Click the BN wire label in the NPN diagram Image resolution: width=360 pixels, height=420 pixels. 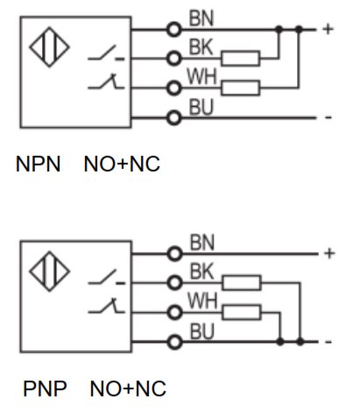(x=201, y=18)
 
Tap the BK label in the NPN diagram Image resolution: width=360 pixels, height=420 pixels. (x=201, y=46)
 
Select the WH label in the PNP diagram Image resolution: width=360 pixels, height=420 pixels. (x=202, y=301)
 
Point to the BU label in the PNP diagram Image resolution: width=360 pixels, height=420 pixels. (x=202, y=332)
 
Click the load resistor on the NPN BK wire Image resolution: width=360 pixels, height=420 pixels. (x=241, y=59)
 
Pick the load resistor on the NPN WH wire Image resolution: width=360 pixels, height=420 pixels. (x=241, y=87)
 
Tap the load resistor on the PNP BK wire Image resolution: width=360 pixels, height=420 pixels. (x=242, y=283)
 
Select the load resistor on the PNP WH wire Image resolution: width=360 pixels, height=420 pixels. (x=242, y=312)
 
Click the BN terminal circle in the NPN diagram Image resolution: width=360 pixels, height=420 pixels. (x=174, y=30)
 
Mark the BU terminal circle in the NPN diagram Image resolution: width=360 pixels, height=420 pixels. (x=174, y=118)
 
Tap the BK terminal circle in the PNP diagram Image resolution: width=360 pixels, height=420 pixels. (x=175, y=283)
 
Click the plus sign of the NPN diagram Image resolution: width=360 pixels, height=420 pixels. (x=328, y=29)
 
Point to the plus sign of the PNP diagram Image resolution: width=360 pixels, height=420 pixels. (x=329, y=253)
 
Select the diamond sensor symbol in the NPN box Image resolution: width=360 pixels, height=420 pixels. (x=49, y=47)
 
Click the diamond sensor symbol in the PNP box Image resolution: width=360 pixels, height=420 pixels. (x=49, y=271)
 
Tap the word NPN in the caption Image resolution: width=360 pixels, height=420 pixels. (x=39, y=164)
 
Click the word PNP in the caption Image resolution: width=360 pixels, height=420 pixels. (x=45, y=388)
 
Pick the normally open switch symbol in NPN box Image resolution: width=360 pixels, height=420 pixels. (x=106, y=53)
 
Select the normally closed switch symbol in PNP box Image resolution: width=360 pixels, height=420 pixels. (x=106, y=305)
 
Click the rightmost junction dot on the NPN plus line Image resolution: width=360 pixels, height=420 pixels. (x=299, y=29)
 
